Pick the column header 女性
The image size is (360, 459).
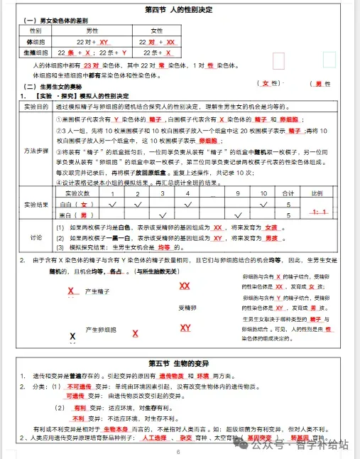(x=157, y=31)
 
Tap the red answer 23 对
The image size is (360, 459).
(x=100, y=65)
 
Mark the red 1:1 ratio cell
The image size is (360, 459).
(x=319, y=212)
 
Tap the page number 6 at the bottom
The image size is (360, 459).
(x=178, y=451)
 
